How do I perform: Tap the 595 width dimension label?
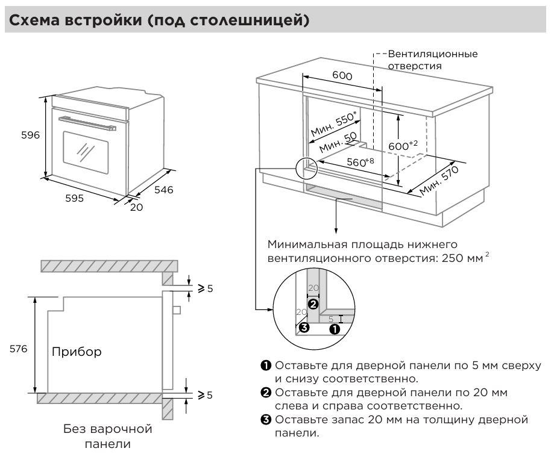coord(75,198)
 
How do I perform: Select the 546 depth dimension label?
coord(163,190)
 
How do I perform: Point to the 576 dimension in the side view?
coord(18,349)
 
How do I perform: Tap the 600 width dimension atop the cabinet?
coord(342,76)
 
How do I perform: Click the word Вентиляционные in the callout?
coord(432,54)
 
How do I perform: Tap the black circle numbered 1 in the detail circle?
coord(333,329)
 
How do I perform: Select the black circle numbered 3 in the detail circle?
coord(304,328)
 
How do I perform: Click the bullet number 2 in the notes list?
coord(265,393)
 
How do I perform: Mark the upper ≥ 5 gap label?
coord(206,288)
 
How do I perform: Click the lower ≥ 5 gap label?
coord(206,396)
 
